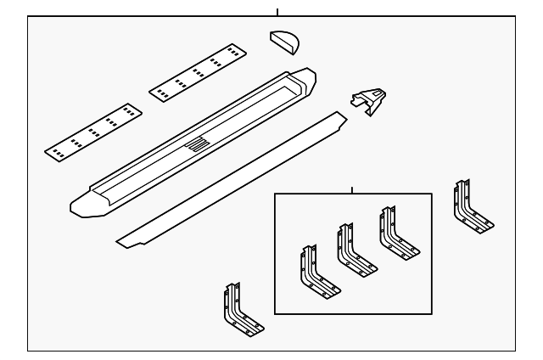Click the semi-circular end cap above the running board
[286, 41]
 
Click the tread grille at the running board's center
[197, 143]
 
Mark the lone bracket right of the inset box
[470, 209]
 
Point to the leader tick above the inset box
[352, 190]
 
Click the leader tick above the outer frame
[277, 12]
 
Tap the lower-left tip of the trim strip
[120, 239]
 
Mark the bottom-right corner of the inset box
[432, 312]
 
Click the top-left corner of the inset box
[275, 194]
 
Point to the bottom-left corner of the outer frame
[28, 350]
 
